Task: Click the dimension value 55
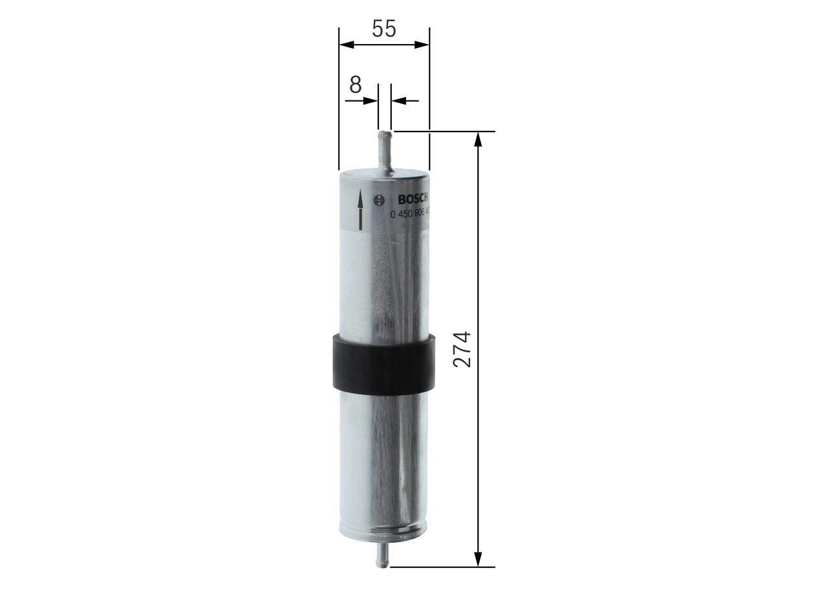tap(383, 28)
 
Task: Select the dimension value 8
tap(355, 85)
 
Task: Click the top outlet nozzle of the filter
tap(385, 149)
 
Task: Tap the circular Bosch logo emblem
tap(380, 199)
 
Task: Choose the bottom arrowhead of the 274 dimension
tap(478, 559)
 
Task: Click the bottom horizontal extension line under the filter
tap(440, 567)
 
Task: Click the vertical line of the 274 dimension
tap(478, 259)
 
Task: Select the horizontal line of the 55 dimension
tap(384, 45)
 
